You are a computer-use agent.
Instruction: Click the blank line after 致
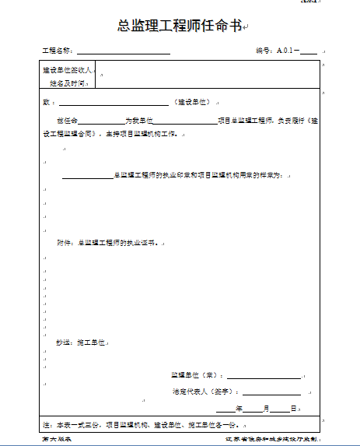coord(114,103)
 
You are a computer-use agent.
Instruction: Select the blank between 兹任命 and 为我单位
coord(100,121)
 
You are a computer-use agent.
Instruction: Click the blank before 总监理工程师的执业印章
coord(87,176)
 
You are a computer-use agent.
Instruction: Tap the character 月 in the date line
coord(266,409)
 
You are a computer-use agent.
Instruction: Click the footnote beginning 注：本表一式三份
coord(140,425)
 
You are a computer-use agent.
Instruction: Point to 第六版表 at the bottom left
coord(57,441)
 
